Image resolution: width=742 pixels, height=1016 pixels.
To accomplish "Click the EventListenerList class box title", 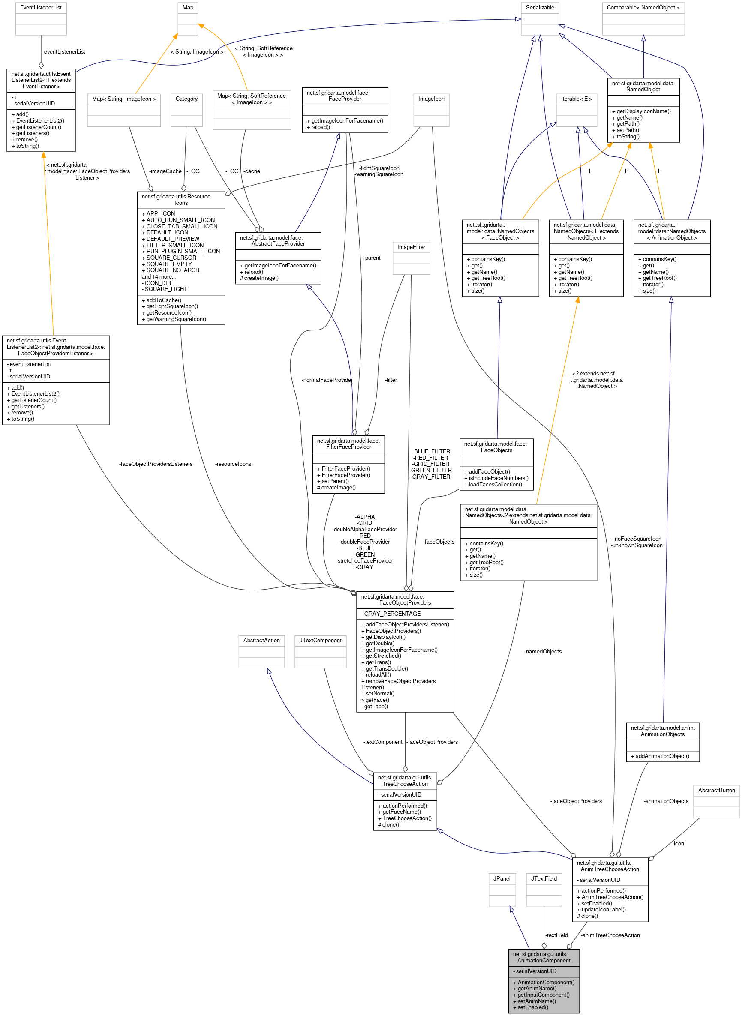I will pyautogui.click(x=41, y=8).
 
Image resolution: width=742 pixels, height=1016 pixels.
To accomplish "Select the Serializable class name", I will pyautogui.click(x=539, y=8).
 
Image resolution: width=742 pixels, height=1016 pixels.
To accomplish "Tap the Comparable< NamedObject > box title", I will pyautogui.click(x=643, y=8).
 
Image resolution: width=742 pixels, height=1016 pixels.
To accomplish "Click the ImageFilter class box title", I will pyautogui.click(x=411, y=247).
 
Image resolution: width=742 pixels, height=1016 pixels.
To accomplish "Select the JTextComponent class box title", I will pyautogui.click(x=320, y=641).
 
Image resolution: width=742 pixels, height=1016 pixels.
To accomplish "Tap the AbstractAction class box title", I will pyautogui.click(x=261, y=641).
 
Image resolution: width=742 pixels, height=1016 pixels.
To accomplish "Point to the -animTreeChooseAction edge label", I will pyautogui.click(x=610, y=935).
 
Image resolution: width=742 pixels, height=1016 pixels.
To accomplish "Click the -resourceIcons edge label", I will pyautogui.click(x=233, y=464).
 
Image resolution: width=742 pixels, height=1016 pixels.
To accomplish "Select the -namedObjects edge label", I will pyautogui.click(x=543, y=651).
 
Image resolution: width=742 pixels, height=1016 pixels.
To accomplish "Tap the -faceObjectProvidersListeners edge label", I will pyautogui.click(x=156, y=464).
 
